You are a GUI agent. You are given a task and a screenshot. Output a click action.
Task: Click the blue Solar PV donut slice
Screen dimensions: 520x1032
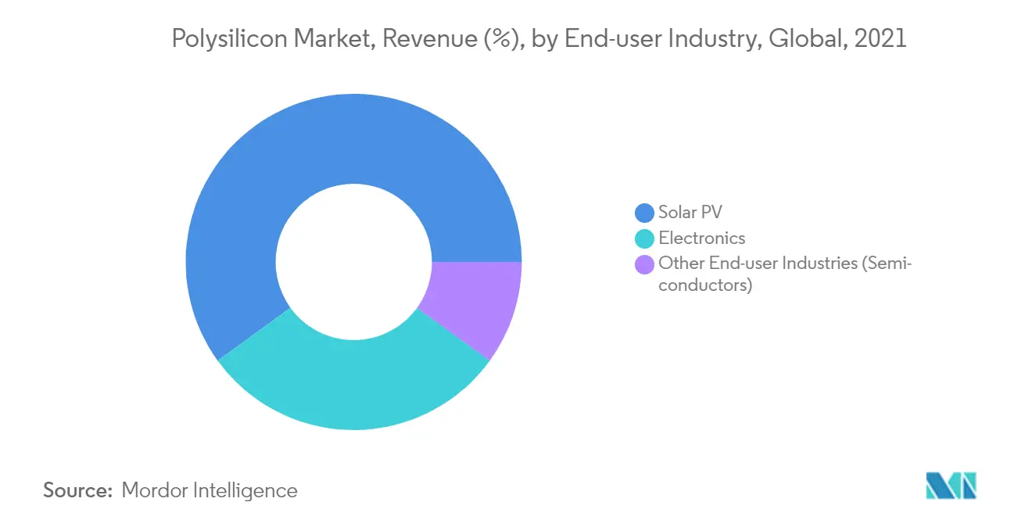click(x=313, y=156)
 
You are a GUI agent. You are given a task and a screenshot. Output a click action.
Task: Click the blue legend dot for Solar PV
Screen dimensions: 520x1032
click(x=644, y=213)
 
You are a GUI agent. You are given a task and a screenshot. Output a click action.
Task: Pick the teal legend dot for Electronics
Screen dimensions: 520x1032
click(x=644, y=238)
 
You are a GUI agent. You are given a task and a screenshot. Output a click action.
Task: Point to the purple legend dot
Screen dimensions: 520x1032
click(x=644, y=264)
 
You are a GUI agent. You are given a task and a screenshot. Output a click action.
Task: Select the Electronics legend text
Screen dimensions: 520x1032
click(x=701, y=238)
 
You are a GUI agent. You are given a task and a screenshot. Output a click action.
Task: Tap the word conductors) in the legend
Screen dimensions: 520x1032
click(x=704, y=285)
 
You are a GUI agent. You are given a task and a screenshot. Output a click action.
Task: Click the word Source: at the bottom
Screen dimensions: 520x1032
click(x=78, y=491)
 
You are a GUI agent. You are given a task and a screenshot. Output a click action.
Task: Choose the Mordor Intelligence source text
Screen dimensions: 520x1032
click(x=210, y=491)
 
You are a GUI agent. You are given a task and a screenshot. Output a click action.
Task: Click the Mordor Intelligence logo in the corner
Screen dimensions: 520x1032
click(x=951, y=486)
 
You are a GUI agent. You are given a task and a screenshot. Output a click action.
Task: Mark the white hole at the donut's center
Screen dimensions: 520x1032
click(x=353, y=262)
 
